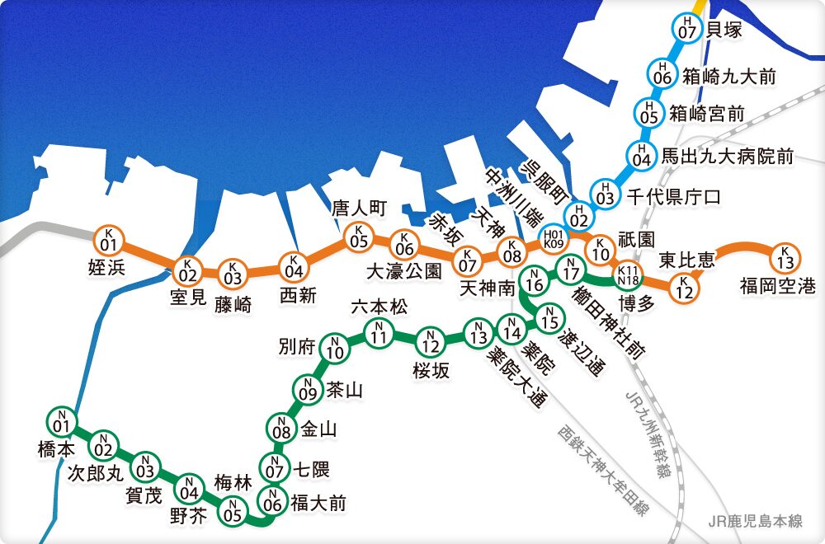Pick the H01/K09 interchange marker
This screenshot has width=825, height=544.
pyautogui.click(x=552, y=239)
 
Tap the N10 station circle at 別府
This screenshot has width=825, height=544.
pyautogui.click(x=335, y=349)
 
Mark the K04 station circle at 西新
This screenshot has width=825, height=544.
pyautogui.click(x=292, y=267)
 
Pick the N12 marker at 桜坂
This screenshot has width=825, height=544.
pyautogui.click(x=430, y=340)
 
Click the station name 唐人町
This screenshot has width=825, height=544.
pyautogui.click(x=360, y=207)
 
